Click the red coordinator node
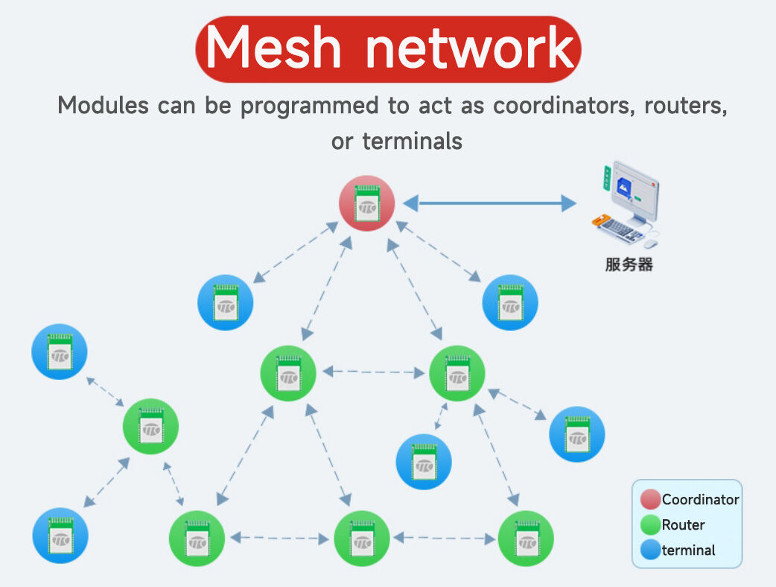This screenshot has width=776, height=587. (366, 203)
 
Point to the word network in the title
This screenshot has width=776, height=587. (470, 48)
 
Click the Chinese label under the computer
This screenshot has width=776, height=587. (629, 264)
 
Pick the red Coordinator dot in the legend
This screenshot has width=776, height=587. (650, 500)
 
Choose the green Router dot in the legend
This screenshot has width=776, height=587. (650, 525)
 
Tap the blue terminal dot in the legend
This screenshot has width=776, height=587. (650, 550)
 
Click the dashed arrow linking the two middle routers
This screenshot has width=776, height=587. (373, 371)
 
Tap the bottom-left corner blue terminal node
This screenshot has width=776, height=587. (60, 536)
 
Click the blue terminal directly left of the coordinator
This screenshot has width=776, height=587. (225, 302)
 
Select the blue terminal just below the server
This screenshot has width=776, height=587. (510, 302)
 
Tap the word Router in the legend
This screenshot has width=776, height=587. (683, 525)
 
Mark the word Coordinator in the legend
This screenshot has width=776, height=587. (700, 500)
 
